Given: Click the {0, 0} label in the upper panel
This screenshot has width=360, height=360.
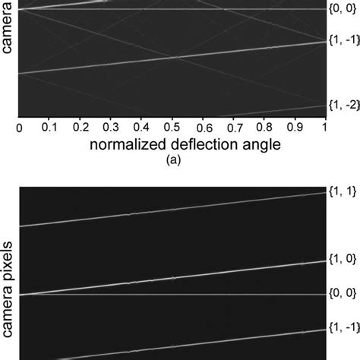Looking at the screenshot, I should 342,9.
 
